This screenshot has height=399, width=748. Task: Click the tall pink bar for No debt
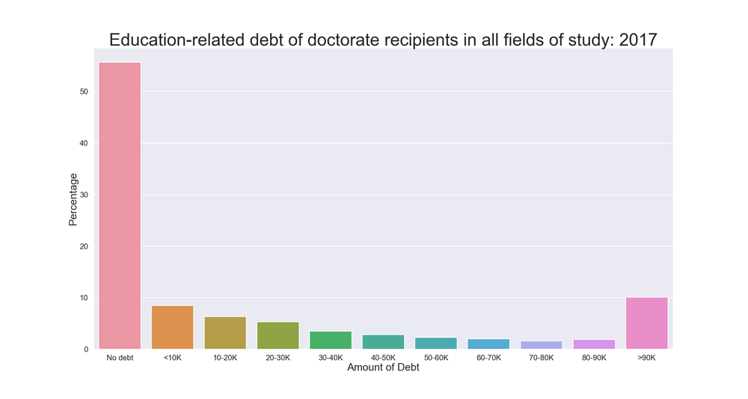120,205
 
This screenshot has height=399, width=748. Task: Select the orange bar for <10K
172,327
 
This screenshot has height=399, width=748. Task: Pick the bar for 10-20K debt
225,333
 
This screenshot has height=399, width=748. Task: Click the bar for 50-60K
436,344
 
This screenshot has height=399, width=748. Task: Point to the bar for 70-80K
541,345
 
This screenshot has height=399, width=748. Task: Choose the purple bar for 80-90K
594,344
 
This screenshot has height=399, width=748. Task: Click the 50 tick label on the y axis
84,91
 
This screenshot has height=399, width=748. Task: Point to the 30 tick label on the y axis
84,195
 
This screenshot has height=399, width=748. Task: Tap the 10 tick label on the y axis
84,298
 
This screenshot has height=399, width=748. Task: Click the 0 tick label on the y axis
86,350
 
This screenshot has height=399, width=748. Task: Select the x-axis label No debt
120,358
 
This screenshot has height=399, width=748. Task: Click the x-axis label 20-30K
278,358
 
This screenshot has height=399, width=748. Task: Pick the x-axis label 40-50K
383,358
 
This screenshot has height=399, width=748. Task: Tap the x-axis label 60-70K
488,358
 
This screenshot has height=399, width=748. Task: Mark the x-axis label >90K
646,358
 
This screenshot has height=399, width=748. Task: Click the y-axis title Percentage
73,199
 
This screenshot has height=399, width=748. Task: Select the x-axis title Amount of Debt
383,368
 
